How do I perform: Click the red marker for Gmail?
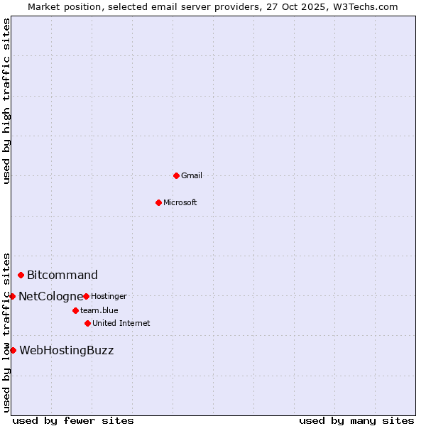point(176,175)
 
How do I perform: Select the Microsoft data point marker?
point(159,202)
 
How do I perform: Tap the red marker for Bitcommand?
point(21,275)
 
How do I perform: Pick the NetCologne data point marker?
point(12,296)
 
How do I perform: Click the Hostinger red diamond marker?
point(86,296)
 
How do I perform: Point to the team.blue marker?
point(75,310)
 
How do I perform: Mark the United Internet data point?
point(87,323)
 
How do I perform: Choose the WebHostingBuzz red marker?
point(13,350)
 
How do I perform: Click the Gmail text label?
point(192,175)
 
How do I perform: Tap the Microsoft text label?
point(180,202)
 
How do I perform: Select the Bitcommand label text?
point(62,275)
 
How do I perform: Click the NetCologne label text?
point(50,296)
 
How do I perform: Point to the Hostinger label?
point(109,296)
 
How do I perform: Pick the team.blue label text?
point(99,310)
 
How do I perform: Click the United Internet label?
point(121,323)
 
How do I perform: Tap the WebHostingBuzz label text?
point(66,350)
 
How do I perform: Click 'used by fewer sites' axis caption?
point(73,420)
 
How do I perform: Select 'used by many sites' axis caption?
point(356,420)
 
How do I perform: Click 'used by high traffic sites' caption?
point(7,102)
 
